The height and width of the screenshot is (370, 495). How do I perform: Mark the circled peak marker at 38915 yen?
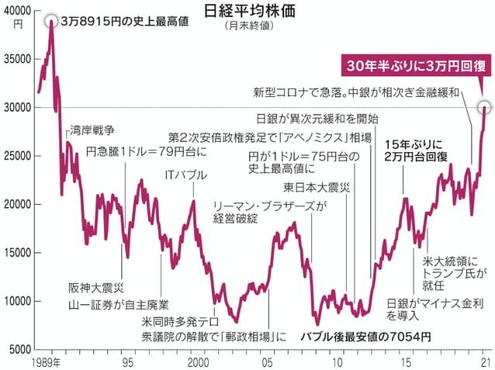[x=51, y=20]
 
